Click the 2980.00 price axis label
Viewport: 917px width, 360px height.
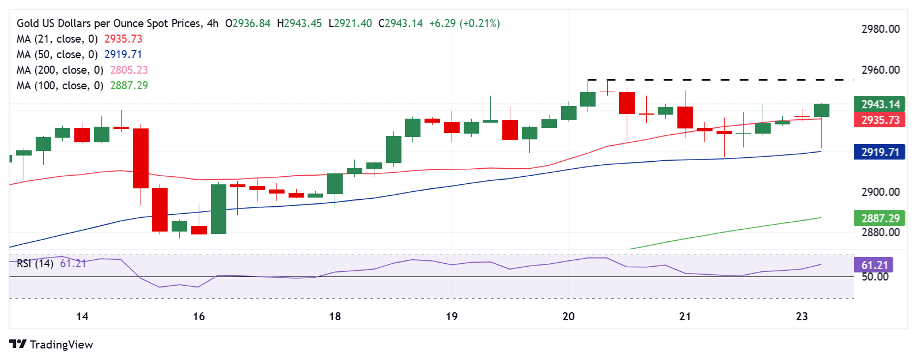pos(880,29)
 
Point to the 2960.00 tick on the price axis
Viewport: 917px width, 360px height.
pos(880,70)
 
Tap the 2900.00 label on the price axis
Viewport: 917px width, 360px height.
pos(880,192)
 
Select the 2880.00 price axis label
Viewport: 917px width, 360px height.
pos(880,232)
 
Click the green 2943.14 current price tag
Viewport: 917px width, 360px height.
pos(880,104)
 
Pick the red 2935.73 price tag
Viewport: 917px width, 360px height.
pos(880,120)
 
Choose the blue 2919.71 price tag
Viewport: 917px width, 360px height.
pos(880,152)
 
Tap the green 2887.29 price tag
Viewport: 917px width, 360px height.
pos(880,218)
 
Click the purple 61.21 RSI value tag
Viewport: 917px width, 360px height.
pos(874,265)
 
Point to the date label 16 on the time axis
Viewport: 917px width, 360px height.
pos(199,316)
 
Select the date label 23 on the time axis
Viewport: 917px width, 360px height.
pos(801,316)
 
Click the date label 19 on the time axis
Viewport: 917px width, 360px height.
pos(452,316)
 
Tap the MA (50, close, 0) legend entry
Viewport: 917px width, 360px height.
pos(57,54)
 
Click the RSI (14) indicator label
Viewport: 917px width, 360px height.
pos(35,263)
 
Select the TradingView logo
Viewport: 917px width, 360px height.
pos(51,344)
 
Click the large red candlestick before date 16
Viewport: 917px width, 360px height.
pos(141,158)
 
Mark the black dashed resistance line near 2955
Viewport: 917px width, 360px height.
pos(720,79)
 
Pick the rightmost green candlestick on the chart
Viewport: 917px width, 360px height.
pos(821,111)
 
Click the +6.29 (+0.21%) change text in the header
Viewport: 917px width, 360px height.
pos(464,24)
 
